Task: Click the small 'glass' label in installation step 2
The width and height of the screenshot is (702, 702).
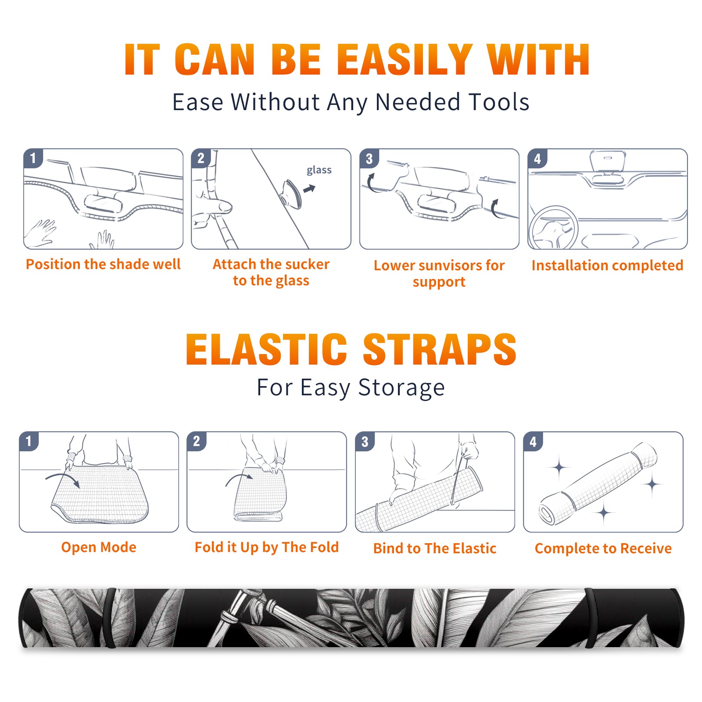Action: tap(319, 170)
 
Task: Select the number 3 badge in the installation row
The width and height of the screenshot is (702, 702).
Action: tap(369, 158)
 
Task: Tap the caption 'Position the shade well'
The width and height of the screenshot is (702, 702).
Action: tap(103, 264)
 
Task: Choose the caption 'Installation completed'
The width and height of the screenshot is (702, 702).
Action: tap(607, 265)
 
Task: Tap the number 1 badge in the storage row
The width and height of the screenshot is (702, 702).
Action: tap(29, 441)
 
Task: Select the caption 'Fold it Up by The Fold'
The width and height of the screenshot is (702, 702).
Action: tap(267, 547)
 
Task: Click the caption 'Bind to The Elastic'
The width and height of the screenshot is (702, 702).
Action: tap(435, 548)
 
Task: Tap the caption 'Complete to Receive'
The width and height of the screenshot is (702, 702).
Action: tap(603, 548)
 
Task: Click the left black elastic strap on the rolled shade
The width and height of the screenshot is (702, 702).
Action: tap(111, 618)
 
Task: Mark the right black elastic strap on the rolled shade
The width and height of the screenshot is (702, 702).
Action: tap(591, 618)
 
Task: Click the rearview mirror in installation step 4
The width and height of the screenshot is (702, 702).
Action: tap(607, 161)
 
